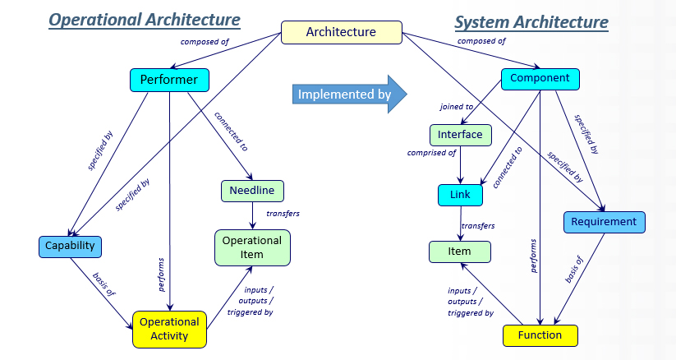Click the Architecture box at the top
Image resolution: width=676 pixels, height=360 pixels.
[342, 32]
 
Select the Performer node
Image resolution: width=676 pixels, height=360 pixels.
[169, 80]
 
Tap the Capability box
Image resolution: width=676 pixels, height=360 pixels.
[69, 245]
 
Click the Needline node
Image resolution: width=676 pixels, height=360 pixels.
[252, 191]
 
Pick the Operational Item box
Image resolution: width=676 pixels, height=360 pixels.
[252, 247]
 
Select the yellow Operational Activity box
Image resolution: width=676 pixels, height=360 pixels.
[169, 329]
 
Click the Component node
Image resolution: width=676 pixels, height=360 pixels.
[540, 78]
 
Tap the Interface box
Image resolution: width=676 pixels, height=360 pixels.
[460, 134]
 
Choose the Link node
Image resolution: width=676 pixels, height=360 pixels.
[460, 195]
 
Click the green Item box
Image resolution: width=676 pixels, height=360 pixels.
[460, 252]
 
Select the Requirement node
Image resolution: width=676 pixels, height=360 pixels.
[605, 222]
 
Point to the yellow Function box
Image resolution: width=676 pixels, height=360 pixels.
[540, 335]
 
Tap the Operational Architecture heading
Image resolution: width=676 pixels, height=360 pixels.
[145, 19]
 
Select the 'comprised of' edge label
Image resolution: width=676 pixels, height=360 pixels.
[431, 153]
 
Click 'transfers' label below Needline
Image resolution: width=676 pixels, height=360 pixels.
[283, 214]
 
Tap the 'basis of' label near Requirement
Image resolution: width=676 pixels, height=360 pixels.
[574, 270]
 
